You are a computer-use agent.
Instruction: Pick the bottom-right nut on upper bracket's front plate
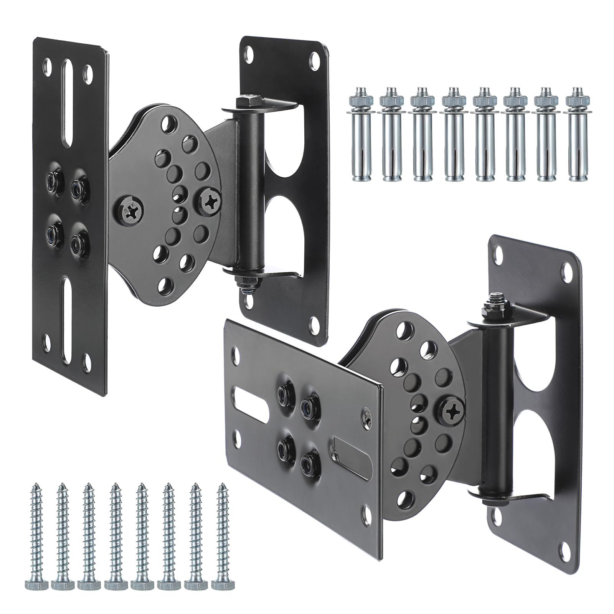tap(79, 243)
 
